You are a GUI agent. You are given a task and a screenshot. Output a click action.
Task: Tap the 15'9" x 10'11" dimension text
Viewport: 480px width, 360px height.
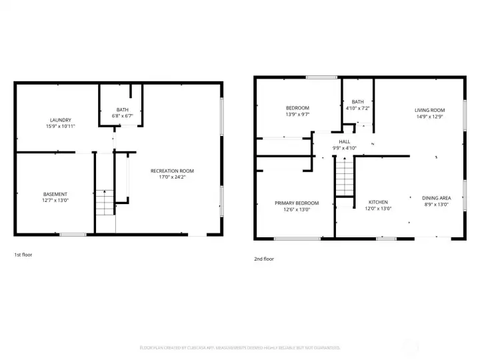click(x=61, y=126)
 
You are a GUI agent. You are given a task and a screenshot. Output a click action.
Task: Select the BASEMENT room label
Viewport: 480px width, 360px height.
click(x=55, y=194)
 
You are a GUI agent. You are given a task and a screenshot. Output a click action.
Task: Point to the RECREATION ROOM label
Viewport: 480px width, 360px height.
click(x=172, y=171)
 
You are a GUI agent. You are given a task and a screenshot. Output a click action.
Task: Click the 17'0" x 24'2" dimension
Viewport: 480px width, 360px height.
click(x=172, y=177)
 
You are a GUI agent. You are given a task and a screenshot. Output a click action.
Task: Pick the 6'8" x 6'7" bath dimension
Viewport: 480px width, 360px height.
click(x=123, y=116)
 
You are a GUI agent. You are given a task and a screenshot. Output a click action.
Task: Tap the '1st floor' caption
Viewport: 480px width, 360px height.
click(x=23, y=255)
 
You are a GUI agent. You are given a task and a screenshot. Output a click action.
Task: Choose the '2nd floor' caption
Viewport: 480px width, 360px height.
click(x=264, y=259)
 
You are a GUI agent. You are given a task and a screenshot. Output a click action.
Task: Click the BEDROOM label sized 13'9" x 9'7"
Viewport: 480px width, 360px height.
click(x=297, y=108)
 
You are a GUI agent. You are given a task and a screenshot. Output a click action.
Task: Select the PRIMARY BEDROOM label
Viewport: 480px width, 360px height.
click(x=297, y=203)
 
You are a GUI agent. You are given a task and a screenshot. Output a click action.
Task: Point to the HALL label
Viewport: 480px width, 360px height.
click(x=345, y=141)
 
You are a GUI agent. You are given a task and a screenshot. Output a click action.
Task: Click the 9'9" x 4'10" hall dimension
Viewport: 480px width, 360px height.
click(x=345, y=148)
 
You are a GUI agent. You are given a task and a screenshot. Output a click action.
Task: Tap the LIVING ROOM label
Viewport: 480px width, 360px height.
click(x=429, y=110)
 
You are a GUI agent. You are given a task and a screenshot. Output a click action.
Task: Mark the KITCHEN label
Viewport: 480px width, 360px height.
click(x=379, y=202)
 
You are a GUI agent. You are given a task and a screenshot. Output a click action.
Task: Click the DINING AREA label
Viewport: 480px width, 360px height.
click(x=437, y=198)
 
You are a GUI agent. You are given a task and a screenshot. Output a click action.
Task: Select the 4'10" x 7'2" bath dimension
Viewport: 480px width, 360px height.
click(x=358, y=108)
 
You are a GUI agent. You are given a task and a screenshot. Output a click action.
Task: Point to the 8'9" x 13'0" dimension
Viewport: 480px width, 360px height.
click(x=437, y=205)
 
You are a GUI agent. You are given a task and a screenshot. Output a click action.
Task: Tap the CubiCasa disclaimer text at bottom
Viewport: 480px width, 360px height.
click(x=240, y=347)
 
